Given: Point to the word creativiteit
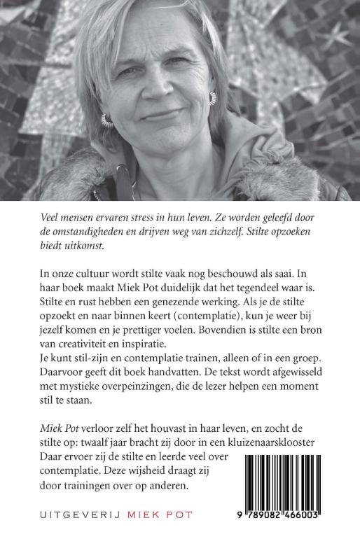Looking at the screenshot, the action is point(95,350).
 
